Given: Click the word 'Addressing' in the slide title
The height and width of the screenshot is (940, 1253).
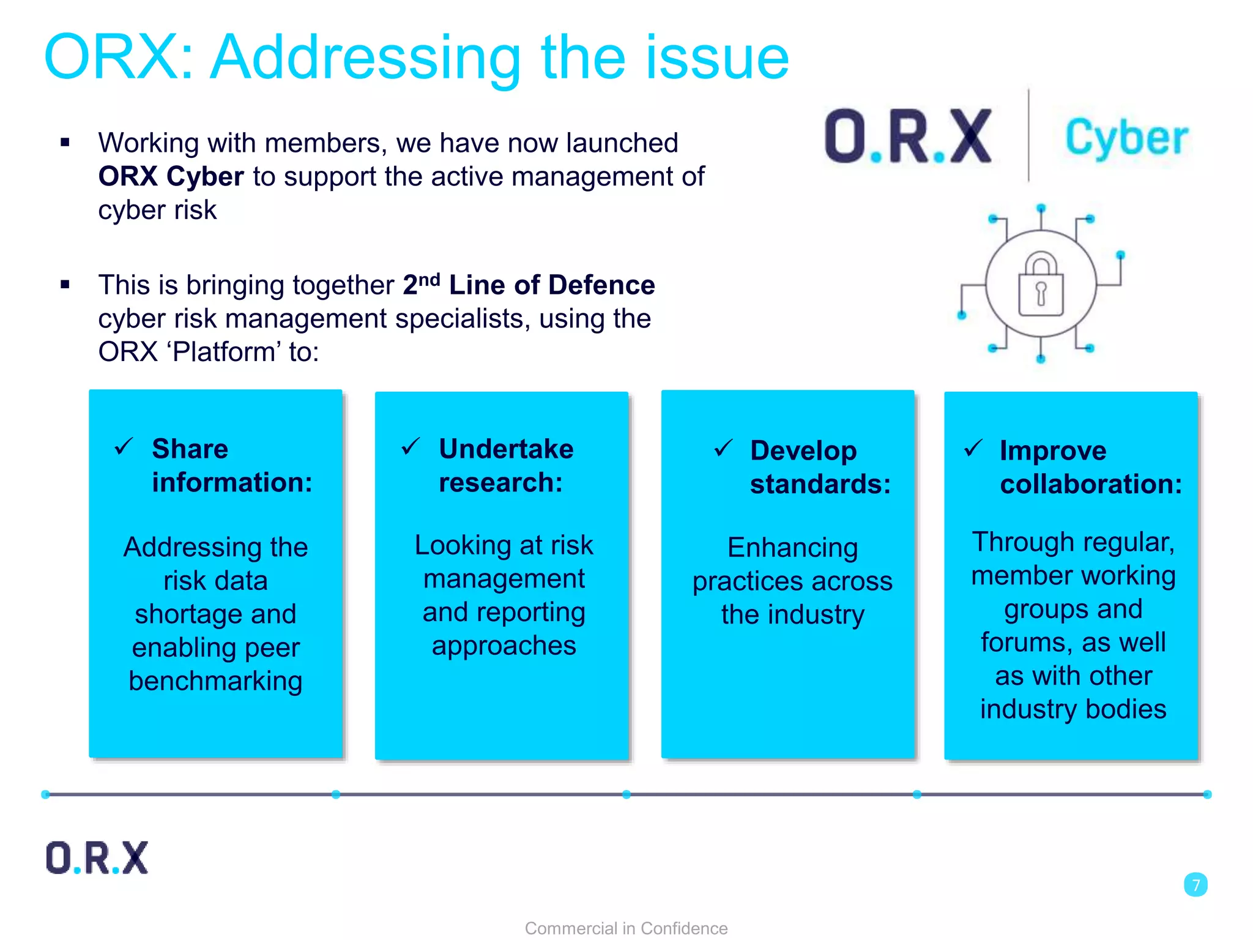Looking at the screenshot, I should point(365,59).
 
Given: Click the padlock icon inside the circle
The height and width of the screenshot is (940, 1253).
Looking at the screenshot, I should point(1041,285).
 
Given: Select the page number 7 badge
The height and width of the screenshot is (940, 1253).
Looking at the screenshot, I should point(1195,885).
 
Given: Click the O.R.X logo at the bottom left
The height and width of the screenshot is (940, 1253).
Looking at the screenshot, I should point(97,857).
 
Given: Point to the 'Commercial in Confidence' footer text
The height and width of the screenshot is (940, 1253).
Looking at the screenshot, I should point(626,928).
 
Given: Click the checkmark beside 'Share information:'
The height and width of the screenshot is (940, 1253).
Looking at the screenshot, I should point(124,447).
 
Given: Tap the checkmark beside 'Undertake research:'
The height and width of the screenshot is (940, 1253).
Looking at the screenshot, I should point(411,447).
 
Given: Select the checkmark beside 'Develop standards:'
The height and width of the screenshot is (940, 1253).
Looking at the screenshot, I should point(723,449).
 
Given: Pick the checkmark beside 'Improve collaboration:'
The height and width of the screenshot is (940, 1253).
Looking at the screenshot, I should point(973,449).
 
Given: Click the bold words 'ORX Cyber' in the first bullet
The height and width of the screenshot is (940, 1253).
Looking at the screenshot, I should point(171,177).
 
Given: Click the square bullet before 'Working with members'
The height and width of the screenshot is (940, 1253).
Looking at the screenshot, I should point(65,143).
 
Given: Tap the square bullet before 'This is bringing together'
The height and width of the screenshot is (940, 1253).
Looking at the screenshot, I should point(65,285).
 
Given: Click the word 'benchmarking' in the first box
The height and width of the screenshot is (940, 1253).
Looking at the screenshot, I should point(215,681).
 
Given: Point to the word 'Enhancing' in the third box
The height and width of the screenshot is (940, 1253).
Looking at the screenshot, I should point(792,548).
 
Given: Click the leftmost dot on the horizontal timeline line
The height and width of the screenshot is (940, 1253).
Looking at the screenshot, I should point(45,794).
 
